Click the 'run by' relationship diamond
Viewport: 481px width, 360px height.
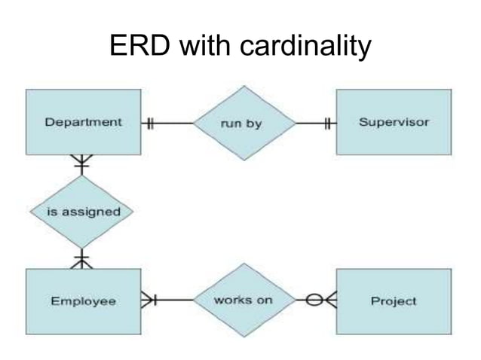click(x=241, y=123)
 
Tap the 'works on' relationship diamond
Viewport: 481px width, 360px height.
click(x=241, y=301)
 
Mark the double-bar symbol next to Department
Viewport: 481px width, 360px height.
click(x=149, y=123)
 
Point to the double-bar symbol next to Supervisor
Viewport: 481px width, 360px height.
click(x=327, y=123)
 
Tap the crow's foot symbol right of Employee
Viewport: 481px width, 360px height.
click(x=149, y=301)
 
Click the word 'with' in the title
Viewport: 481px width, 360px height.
click(x=206, y=47)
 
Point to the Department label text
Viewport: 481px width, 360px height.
click(x=83, y=122)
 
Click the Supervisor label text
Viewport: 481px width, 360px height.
click(x=393, y=122)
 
